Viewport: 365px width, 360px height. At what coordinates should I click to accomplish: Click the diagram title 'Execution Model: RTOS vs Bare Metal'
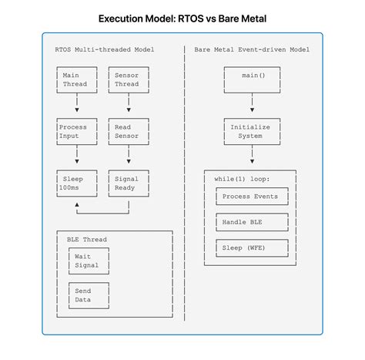click(x=182, y=16)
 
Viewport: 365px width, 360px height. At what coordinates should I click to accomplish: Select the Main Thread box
click(x=77, y=79)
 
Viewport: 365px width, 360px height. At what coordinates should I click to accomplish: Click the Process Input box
click(x=77, y=131)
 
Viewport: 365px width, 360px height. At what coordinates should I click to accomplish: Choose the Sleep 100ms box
click(x=77, y=183)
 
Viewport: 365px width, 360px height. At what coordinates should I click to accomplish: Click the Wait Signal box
click(x=89, y=261)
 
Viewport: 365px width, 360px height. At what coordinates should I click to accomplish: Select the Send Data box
click(x=89, y=295)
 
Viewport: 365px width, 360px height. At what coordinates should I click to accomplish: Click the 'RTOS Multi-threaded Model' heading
click(x=105, y=49)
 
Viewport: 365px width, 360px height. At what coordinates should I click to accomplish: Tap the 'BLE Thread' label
click(x=86, y=240)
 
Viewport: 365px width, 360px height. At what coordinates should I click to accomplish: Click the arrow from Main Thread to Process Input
click(x=77, y=105)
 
